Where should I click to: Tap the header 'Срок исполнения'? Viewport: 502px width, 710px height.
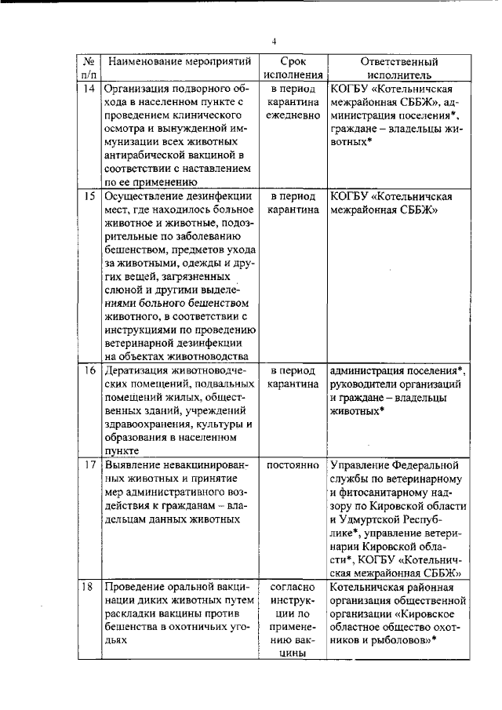pyautogui.click(x=293, y=68)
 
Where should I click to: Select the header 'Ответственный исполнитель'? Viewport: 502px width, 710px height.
pyautogui.click(x=398, y=68)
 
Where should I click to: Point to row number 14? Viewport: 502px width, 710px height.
pyautogui.click(x=89, y=89)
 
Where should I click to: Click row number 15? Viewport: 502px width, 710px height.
pyautogui.click(x=89, y=195)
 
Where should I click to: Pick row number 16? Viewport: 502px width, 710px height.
pyautogui.click(x=89, y=370)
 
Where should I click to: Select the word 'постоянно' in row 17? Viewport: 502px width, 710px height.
pyautogui.click(x=293, y=464)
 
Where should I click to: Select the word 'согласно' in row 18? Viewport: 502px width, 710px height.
pyautogui.click(x=293, y=588)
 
